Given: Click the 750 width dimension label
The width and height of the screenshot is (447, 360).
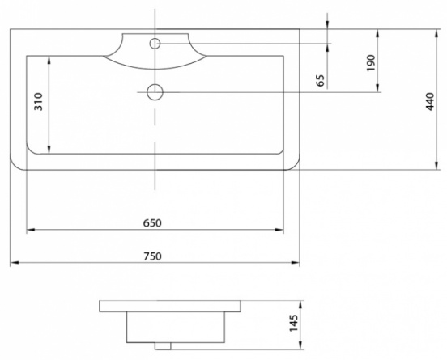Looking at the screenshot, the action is pos(152,256).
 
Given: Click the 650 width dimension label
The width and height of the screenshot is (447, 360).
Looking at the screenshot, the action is pos(152,223).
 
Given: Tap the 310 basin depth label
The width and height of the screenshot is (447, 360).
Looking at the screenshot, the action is pos(38,102).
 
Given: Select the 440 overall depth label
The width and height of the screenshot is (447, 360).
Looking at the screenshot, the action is pos(430,102).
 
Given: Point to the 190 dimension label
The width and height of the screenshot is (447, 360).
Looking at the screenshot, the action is pos(371,63).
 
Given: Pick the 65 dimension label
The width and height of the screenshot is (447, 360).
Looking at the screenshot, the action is pos(321,81).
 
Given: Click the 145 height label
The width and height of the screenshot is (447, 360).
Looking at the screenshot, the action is pos(294,323).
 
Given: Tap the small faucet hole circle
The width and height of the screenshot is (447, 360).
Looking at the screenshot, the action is pos(155,44).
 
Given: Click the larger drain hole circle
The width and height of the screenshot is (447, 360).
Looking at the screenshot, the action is pos(155,92).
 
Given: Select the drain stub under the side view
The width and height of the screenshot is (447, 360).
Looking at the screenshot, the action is pos(163,346).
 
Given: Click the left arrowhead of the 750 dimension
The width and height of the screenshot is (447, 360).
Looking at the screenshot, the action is pos(15,263).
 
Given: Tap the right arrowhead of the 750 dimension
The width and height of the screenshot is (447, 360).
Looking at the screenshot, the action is pos(296,263).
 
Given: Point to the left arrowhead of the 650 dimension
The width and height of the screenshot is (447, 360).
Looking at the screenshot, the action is pos(31,230).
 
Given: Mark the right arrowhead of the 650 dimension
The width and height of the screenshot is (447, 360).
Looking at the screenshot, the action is pos(279,230).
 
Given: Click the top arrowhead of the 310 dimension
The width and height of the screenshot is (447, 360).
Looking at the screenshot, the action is pos(49,60).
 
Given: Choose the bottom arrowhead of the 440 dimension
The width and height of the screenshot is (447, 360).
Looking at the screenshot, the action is pos(436,166).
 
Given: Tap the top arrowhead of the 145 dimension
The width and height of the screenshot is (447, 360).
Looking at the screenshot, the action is pos(300,305).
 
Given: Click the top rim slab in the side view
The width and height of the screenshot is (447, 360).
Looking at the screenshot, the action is pos(170,306).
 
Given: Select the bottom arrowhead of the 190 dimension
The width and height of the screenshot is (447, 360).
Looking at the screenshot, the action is pos(377,88).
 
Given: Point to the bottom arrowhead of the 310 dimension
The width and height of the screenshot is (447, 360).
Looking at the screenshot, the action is pos(49,150).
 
